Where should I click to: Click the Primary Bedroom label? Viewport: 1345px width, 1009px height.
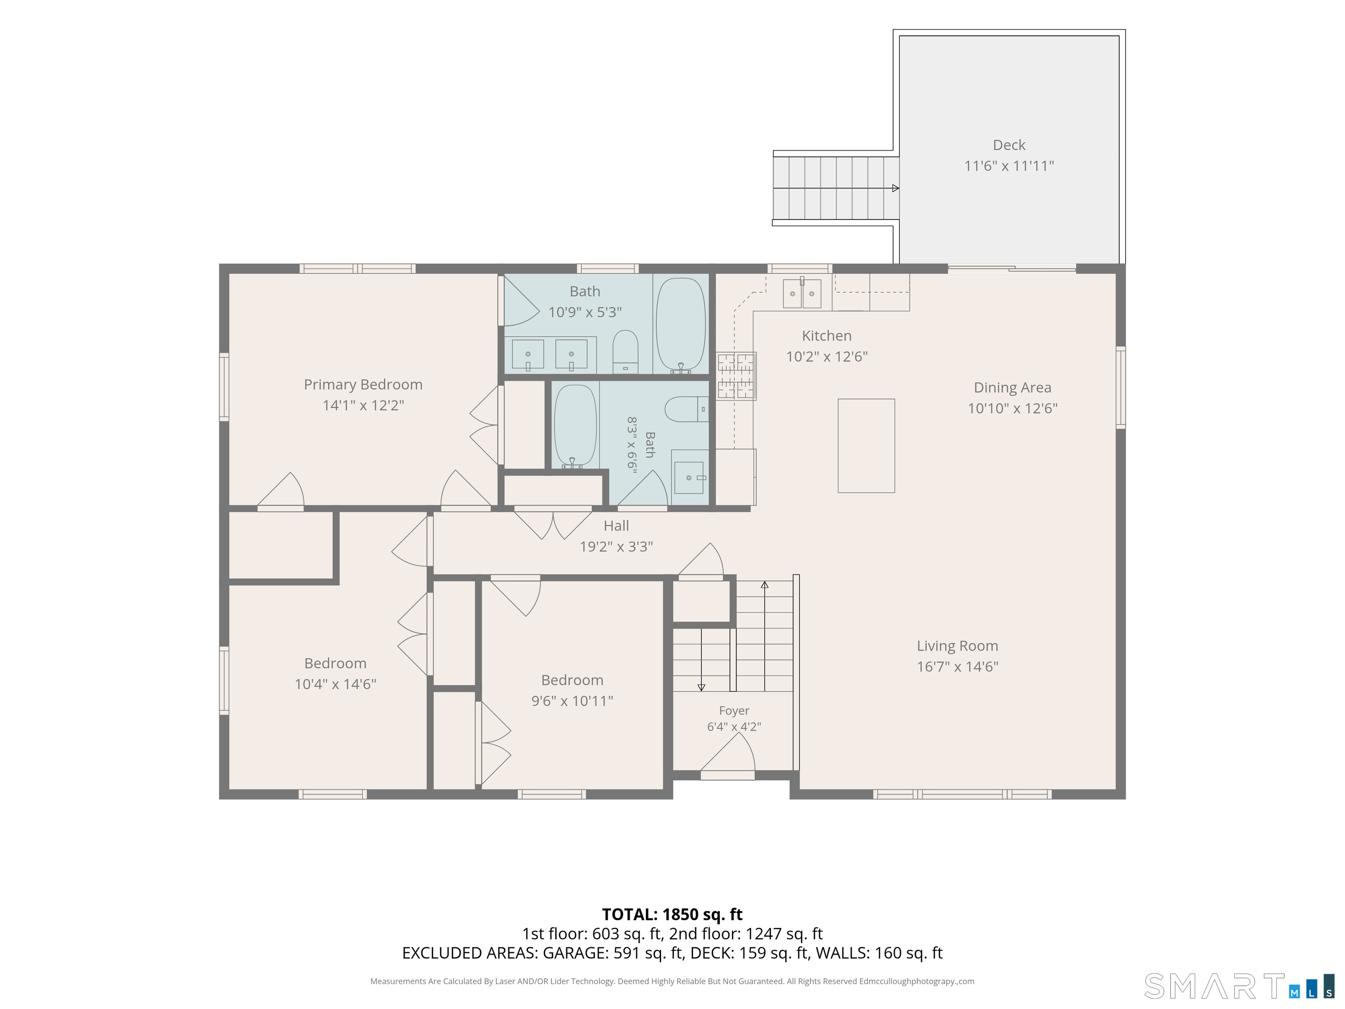click(x=363, y=385)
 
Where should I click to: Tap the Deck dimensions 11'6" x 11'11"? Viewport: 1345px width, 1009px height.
click(x=1009, y=166)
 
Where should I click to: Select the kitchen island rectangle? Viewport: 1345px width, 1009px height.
click(x=866, y=446)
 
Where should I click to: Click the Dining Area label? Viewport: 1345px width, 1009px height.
click(x=1012, y=388)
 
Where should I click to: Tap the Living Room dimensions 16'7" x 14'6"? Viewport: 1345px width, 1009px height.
click(x=958, y=667)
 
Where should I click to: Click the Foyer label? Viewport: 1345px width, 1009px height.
click(x=734, y=710)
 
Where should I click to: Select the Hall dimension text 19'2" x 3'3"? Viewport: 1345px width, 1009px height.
click(x=616, y=546)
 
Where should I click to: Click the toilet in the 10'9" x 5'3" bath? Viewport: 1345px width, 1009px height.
click(x=625, y=352)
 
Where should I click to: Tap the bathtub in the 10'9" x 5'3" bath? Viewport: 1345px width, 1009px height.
click(x=681, y=325)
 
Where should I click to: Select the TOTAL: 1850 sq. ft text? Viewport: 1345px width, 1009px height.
click(x=672, y=914)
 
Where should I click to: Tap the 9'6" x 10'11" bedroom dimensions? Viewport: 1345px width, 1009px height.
click(x=572, y=701)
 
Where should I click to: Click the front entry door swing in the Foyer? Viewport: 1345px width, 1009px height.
click(x=728, y=754)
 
